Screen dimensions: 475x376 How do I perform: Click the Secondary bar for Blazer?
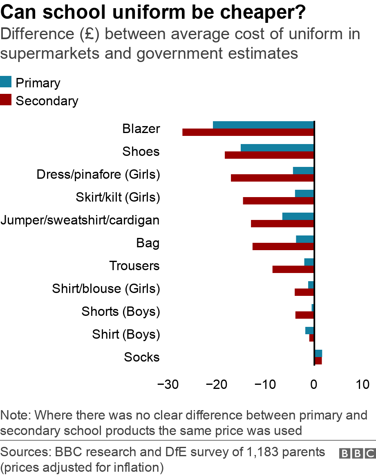248,132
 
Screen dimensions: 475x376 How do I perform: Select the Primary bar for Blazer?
263,125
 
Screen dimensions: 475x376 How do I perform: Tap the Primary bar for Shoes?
277,148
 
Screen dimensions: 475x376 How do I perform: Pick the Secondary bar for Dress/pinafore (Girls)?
272,178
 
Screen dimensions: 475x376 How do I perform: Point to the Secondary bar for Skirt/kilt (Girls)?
278,201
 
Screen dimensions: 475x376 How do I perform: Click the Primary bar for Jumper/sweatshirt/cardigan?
298,216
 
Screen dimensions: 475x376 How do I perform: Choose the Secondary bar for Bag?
283,246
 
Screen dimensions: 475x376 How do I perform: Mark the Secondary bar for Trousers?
293,269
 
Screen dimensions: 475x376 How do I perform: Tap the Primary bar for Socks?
318,353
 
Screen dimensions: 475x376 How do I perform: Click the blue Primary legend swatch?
6,82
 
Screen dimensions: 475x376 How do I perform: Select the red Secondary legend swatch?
6,100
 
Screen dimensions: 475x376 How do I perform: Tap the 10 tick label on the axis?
362,384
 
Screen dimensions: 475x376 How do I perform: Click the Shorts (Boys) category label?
121,312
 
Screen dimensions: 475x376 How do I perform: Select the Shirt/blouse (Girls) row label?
106,289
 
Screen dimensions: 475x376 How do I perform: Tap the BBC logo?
357,454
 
